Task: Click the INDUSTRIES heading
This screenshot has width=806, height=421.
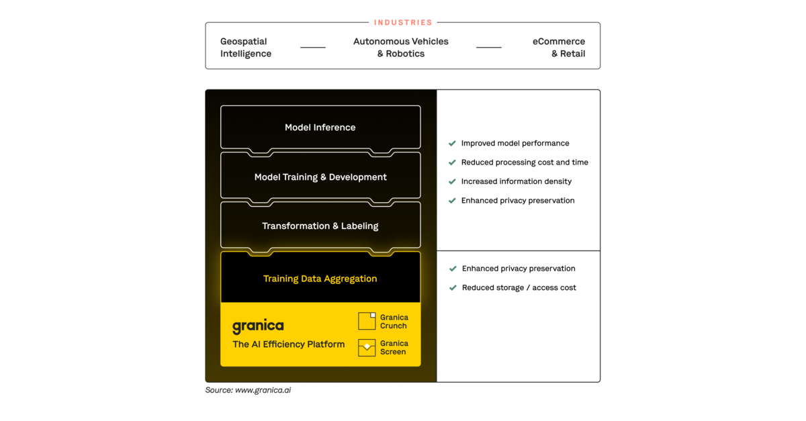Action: coord(403,23)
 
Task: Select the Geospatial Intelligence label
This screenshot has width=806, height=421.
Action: coord(246,48)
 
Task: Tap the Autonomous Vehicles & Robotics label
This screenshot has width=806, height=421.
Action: coord(401,48)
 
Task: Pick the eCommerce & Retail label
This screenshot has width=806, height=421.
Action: coord(559,48)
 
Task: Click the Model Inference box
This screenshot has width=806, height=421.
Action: coord(320,128)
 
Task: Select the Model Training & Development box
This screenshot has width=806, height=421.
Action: coord(320,177)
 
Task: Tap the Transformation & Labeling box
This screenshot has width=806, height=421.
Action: coord(320,226)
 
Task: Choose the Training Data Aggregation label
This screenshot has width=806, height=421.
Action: coord(320,279)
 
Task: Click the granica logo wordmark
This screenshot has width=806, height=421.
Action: coord(258,326)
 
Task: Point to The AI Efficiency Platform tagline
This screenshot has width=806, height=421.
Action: coord(289,344)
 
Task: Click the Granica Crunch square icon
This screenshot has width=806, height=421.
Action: coord(367,321)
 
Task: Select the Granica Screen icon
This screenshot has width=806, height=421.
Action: coord(367,347)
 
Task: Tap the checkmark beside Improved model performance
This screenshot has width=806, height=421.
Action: coord(452,144)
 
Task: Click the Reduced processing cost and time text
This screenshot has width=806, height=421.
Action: coord(525,162)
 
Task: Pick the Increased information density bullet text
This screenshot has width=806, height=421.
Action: coord(517,181)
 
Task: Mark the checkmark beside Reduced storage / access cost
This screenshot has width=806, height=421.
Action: coord(453,288)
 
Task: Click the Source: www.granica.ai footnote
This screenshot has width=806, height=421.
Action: coord(248,390)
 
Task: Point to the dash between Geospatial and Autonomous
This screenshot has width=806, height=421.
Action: coord(313,48)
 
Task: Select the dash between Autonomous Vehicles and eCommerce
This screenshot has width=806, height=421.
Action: coord(489,48)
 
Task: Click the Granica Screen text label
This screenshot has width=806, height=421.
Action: coord(394,348)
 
